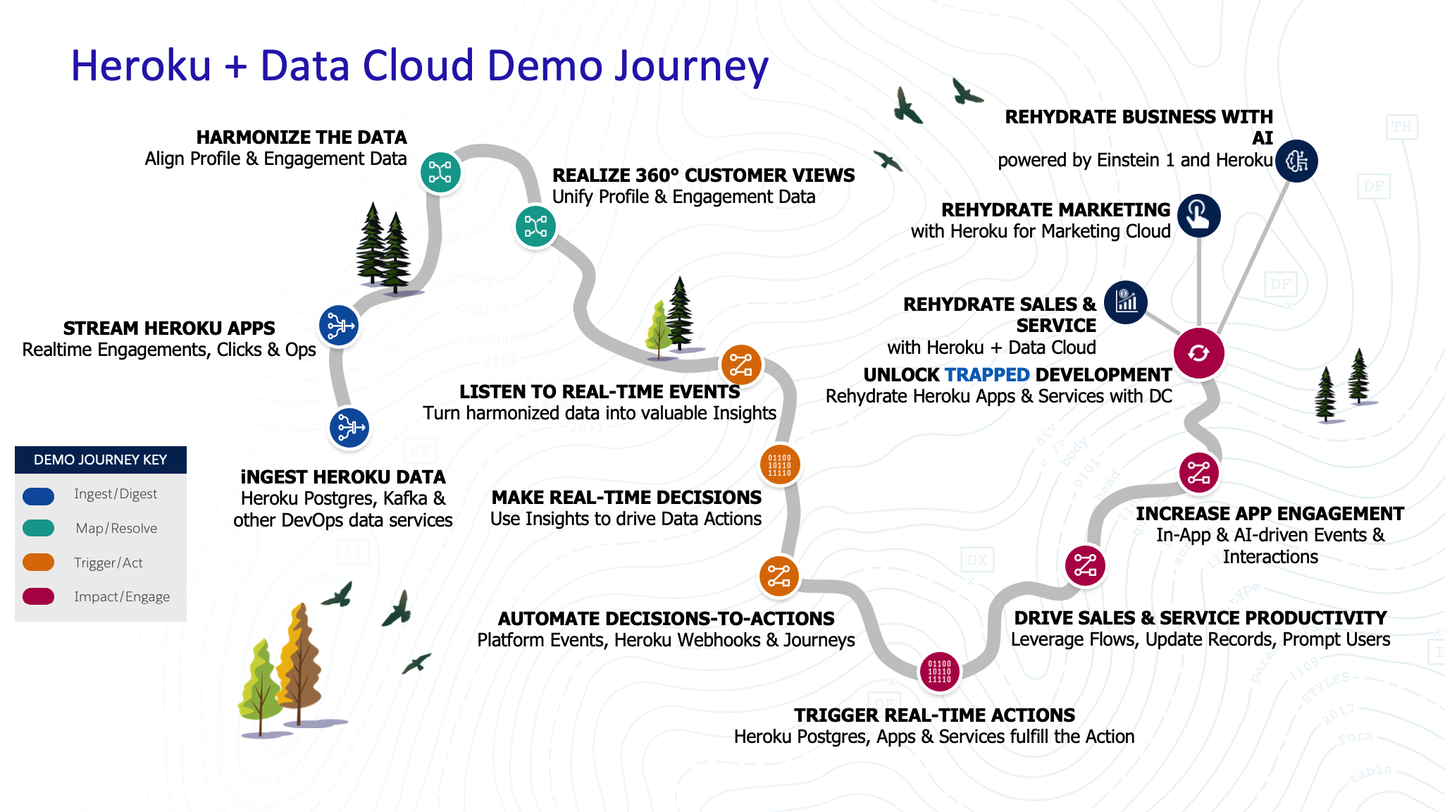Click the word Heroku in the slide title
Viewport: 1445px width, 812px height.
141,66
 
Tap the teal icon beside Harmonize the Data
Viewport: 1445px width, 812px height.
440,172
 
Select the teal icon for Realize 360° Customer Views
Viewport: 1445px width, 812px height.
535,226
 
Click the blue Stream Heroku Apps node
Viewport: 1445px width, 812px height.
340,326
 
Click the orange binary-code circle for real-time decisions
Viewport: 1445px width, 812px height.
779,465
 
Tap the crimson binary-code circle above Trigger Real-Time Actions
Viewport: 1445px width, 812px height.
939,672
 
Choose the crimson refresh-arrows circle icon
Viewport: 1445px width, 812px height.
1198,352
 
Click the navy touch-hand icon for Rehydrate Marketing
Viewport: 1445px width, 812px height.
1198,215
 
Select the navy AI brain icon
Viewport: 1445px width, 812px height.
1296,161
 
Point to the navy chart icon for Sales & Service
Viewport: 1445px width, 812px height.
1126,302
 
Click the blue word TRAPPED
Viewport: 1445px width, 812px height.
987,375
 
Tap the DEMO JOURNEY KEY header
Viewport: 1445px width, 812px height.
101,460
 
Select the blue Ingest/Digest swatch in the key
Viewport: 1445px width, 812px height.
39,496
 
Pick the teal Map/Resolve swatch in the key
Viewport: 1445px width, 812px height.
39,528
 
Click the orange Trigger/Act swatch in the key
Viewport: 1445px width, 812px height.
39,562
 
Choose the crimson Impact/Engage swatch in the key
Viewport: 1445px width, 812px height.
39,596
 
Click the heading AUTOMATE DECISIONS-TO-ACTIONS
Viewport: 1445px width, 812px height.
666,619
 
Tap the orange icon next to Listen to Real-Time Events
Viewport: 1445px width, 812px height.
740,365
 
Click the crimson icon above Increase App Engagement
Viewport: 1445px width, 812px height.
1198,472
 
